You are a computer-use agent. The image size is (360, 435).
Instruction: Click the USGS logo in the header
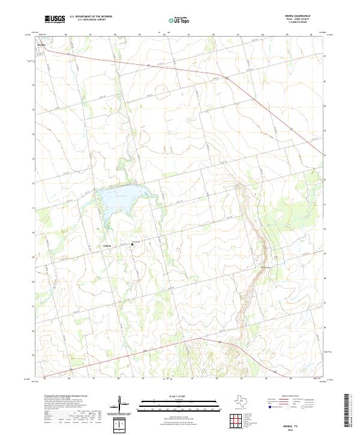[55, 19]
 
